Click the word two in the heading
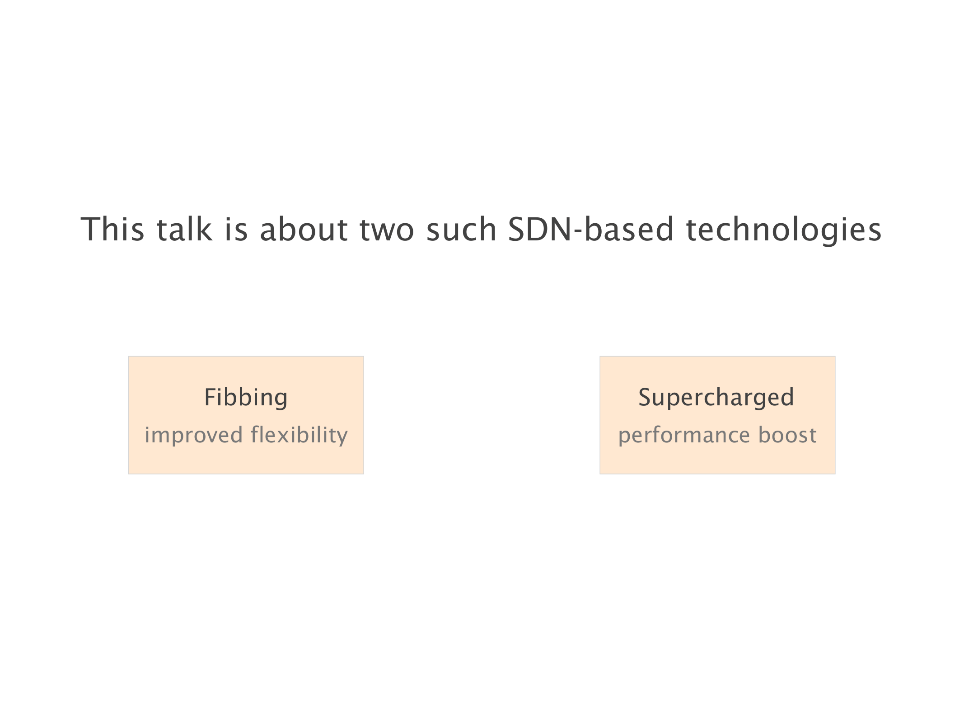387,230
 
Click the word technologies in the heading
784,231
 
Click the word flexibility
299,436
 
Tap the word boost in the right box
787,435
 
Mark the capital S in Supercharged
645,397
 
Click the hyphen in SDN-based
578,232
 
